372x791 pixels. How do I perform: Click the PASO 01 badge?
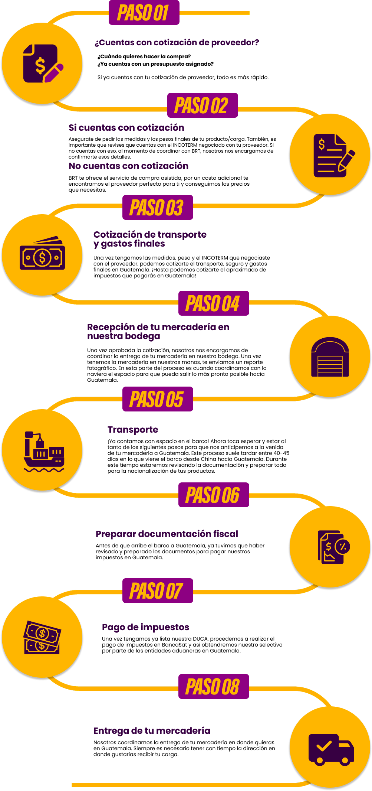pyautogui.click(x=144, y=13)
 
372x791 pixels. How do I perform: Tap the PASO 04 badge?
pyautogui.click(x=214, y=303)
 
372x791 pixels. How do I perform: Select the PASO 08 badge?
pyautogui.click(x=214, y=686)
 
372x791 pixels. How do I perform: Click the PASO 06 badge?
pyautogui.click(x=214, y=495)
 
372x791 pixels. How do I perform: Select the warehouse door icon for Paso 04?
pyautogui.click(x=330, y=357)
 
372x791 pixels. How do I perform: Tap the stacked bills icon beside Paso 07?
pyautogui.click(x=42, y=637)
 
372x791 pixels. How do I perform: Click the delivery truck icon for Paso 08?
pyautogui.click(x=331, y=749)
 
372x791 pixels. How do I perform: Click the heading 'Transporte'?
pyautogui.click(x=133, y=430)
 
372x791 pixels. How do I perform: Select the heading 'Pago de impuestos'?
pyautogui.click(x=146, y=627)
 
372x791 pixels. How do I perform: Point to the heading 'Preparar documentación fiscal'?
pyautogui.click(x=167, y=534)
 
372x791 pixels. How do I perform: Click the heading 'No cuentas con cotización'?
pyautogui.click(x=128, y=166)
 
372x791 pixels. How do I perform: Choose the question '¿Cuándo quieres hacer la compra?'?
pyautogui.click(x=144, y=56)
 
